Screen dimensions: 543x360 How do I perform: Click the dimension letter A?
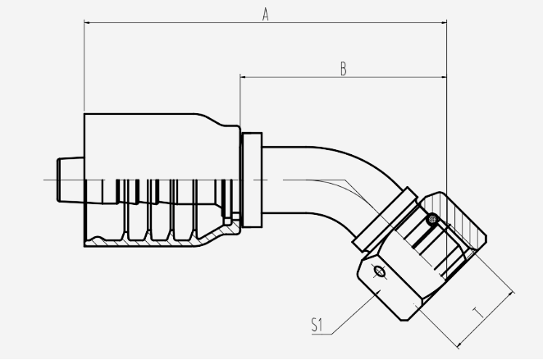coord(265,15)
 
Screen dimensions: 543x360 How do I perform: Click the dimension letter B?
coord(343,69)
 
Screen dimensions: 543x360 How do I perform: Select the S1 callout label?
coord(317,325)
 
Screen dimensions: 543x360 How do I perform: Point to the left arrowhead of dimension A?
coord(88,23)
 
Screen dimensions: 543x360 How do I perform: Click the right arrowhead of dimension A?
coord(443,23)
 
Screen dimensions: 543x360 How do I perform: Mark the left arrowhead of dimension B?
coord(244,77)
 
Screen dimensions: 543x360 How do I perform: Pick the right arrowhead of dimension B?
coord(443,77)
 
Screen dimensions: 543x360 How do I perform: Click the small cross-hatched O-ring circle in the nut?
coord(432,219)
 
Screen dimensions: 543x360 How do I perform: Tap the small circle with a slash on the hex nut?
coord(380,271)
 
